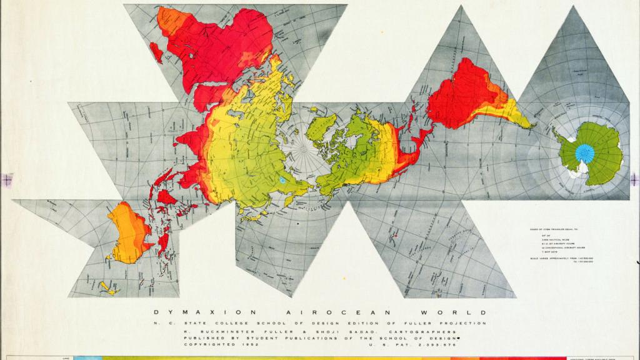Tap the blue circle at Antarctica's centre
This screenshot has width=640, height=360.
[584, 152]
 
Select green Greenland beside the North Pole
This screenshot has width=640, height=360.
[321, 127]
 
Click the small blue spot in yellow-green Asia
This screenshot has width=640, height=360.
[282, 180]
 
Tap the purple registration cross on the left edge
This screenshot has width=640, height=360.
[6, 179]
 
